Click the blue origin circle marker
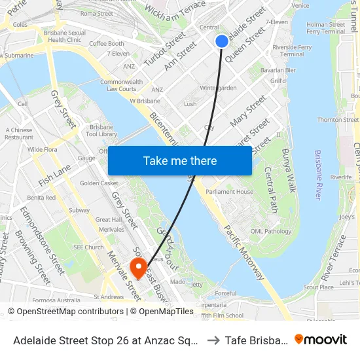[x=222, y=41]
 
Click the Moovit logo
[x=321, y=339]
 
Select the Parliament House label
[x=229, y=192]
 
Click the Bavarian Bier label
[x=278, y=70]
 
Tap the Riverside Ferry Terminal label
[x=291, y=50]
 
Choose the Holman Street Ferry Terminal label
[x=325, y=28]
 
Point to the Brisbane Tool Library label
[x=104, y=130]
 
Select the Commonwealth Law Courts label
[x=118, y=85]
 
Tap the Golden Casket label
[x=99, y=183]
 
